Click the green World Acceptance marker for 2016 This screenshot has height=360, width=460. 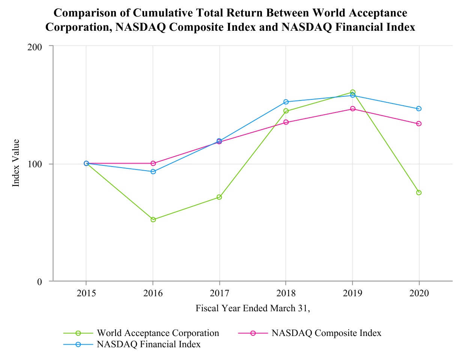[x=153, y=219]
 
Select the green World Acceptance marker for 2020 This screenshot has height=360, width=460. [x=419, y=192]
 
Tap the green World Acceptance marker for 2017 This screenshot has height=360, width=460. [x=219, y=197]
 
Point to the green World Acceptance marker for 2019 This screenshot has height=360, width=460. [x=353, y=92]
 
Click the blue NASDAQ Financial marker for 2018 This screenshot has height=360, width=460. [x=286, y=102]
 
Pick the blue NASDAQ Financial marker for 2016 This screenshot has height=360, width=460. [x=153, y=171]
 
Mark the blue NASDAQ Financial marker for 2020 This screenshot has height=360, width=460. [x=419, y=108]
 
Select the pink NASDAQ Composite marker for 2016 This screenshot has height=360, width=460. [x=153, y=163]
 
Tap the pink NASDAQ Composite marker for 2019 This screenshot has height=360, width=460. [x=353, y=108]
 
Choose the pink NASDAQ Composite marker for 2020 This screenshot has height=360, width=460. [x=419, y=123]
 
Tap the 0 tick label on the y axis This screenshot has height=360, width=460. [x=40, y=281]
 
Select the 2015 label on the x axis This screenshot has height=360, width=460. [x=86, y=293]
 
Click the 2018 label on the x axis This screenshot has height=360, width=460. [x=286, y=293]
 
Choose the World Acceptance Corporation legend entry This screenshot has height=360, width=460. [x=158, y=333]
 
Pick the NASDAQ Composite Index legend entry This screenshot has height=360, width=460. [x=326, y=333]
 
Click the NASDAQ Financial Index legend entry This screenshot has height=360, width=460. [x=149, y=344]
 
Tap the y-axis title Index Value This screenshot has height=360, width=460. [x=16, y=163]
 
